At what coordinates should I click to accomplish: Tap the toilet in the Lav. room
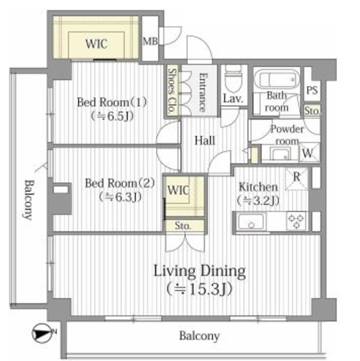pyautogui.click(x=234, y=79)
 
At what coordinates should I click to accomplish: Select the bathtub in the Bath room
pyautogui.click(x=277, y=79)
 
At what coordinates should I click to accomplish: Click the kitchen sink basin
pyautogui.click(x=251, y=221)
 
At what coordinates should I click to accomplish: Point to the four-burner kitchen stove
pyautogui.click(x=297, y=221)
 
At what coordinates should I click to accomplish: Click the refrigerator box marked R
pyautogui.click(x=297, y=178)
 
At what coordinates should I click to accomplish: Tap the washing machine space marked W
pyautogui.click(x=309, y=153)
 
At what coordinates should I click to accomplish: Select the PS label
pyautogui.click(x=312, y=90)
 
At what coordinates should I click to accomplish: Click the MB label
pyautogui.click(x=150, y=42)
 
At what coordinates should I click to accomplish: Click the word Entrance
pyautogui.click(x=203, y=92)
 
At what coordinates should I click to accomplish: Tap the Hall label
pyautogui.click(x=205, y=140)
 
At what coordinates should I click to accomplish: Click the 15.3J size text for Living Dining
pyautogui.click(x=199, y=289)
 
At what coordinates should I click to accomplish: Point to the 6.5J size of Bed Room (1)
pyautogui.click(x=112, y=116)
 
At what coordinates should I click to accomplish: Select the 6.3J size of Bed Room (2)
pyautogui.click(x=120, y=197)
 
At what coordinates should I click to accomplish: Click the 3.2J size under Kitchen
pyautogui.click(x=258, y=201)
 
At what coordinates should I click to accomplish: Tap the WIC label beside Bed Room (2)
pyautogui.click(x=178, y=190)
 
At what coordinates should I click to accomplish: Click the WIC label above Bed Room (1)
pyautogui.click(x=96, y=44)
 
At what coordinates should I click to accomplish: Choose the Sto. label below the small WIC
pyautogui.click(x=183, y=226)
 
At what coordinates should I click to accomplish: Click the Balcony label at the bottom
pyautogui.click(x=199, y=336)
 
